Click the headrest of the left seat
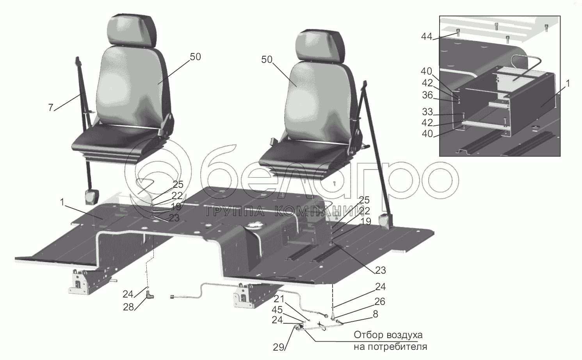(x=132, y=31)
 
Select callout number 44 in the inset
(x=427, y=37)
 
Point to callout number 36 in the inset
(x=427, y=95)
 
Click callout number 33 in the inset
(x=427, y=112)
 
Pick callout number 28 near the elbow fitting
(x=128, y=307)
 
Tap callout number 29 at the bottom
(x=279, y=347)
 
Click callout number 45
(x=277, y=310)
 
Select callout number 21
(x=279, y=299)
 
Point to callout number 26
(x=379, y=301)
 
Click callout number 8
(x=375, y=314)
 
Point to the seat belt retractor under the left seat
(x=92, y=197)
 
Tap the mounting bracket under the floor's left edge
(x=80, y=282)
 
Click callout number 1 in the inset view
(x=568, y=84)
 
